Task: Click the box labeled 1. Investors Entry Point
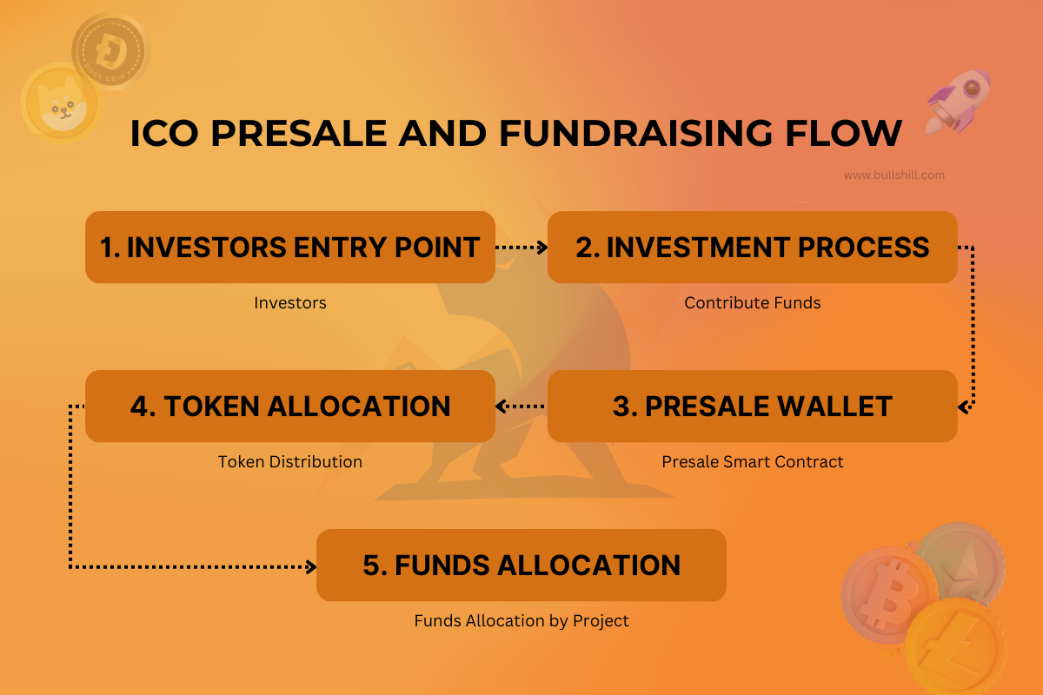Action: pyautogui.click(x=289, y=248)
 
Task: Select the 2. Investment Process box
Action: pyautogui.click(x=752, y=248)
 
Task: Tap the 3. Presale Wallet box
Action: pyautogui.click(x=752, y=407)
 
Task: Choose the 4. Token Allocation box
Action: pyautogui.click(x=289, y=407)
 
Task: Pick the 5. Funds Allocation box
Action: pyautogui.click(x=521, y=566)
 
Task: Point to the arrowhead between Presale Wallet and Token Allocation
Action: pyautogui.click(x=502, y=407)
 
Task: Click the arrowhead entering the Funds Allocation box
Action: pyautogui.click(x=310, y=567)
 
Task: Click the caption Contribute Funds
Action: pyautogui.click(x=752, y=303)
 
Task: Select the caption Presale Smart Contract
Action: pyautogui.click(x=752, y=462)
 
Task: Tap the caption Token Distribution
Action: pyautogui.click(x=289, y=462)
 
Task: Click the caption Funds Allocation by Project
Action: pyautogui.click(x=521, y=621)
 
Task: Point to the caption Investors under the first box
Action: pyautogui.click(x=289, y=303)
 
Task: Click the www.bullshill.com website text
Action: pyautogui.click(x=894, y=175)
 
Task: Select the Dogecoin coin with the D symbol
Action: pyautogui.click(x=110, y=50)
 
